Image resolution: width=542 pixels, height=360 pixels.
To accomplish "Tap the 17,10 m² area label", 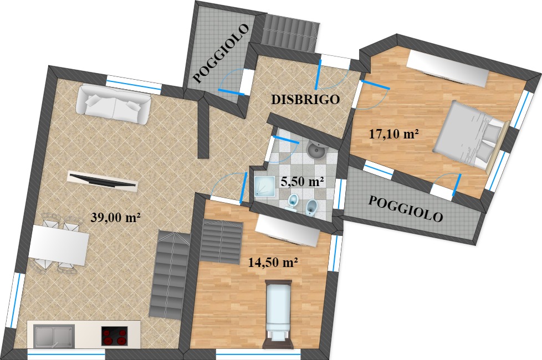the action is click(394, 133).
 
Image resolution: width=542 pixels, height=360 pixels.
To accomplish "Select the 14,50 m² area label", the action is click(273, 262).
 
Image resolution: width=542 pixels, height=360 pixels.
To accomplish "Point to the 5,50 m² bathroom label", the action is click(302, 181).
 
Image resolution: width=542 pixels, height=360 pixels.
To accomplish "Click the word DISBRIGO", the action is click(305, 100).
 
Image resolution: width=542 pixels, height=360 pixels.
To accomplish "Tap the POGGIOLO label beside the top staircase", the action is click(220, 53).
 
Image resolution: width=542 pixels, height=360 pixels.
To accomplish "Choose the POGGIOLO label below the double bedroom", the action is click(406, 209).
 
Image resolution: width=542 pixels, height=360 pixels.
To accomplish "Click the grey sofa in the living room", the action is click(114, 105).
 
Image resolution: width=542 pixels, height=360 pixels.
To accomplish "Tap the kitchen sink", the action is click(54, 335).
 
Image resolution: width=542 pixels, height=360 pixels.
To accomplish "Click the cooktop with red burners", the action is click(114, 336).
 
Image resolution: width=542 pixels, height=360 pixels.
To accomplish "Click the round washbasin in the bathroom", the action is click(316, 150).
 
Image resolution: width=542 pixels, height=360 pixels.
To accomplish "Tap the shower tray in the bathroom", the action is click(265, 187).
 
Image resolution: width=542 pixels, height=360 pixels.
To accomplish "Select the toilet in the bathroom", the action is click(293, 202).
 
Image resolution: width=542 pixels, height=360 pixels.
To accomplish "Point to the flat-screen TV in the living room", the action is click(103, 181).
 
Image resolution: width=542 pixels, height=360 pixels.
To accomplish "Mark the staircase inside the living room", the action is click(170, 275).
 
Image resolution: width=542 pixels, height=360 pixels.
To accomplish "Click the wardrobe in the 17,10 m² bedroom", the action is click(447, 69).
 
